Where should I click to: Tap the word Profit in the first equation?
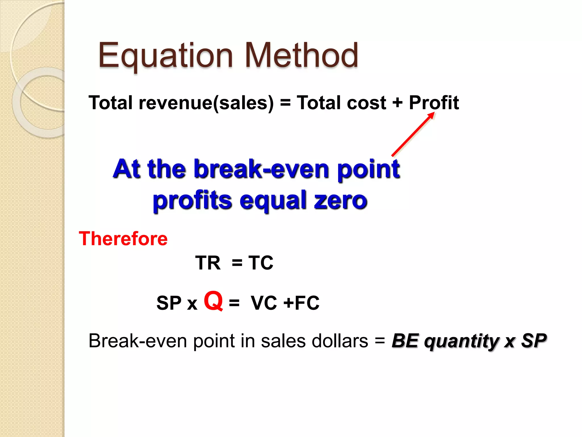pyautogui.click(x=434, y=103)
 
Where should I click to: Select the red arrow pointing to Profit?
pyautogui.click(x=413, y=134)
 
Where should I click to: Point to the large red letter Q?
pyautogui.click(x=213, y=301)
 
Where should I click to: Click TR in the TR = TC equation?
pyautogui.click(x=208, y=263)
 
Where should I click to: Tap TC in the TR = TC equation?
pyautogui.click(x=261, y=263)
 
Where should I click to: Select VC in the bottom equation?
pyautogui.click(x=264, y=303)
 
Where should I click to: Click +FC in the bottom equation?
pyautogui.click(x=302, y=303)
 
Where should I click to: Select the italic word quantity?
pyautogui.click(x=461, y=341)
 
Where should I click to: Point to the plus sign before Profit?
pyautogui.click(x=397, y=103)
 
